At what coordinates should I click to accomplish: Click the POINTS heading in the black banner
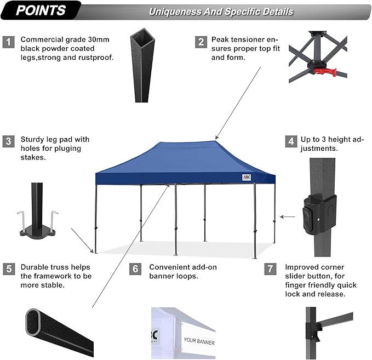pyautogui.click(x=41, y=10)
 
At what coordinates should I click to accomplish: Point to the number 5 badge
pyautogui.click(x=9, y=269)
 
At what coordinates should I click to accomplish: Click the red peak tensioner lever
pyautogui.click(x=325, y=71)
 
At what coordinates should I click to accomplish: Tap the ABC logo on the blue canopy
pyautogui.click(x=246, y=178)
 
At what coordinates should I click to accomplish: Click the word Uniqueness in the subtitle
pyautogui.click(x=175, y=12)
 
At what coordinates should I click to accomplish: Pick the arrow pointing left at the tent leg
pyautogui.click(x=287, y=217)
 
